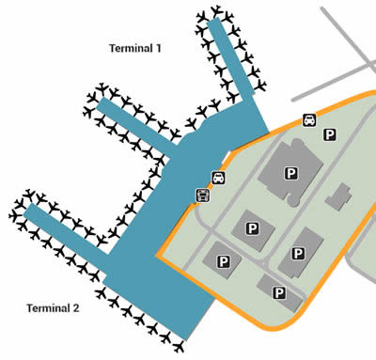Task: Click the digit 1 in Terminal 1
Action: coord(161,48)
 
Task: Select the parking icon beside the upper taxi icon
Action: coord(329,135)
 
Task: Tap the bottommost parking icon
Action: coord(279,293)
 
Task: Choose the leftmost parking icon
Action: coord(223,260)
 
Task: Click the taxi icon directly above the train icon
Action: coord(218,177)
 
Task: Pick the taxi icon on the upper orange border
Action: coord(308,120)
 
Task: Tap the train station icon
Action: coord(201,195)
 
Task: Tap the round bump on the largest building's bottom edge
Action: coord(292,200)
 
